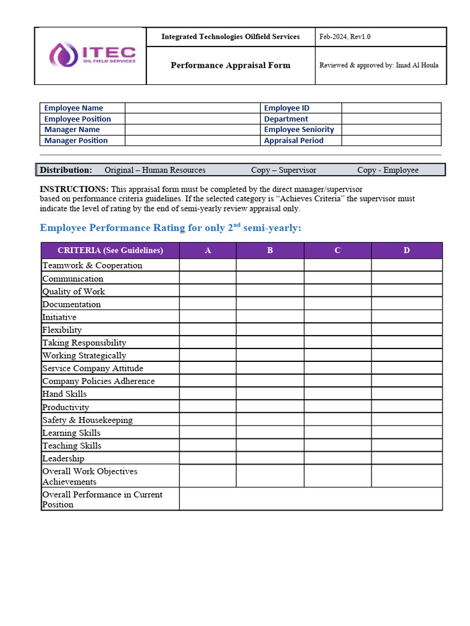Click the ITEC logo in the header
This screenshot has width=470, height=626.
92,55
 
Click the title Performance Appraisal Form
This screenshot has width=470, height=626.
230,65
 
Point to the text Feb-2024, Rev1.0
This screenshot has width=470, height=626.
345,37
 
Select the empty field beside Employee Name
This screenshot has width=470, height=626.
192,108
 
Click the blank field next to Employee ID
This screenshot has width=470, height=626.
390,108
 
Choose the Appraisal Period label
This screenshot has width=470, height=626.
294,141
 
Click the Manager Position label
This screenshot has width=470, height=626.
76,141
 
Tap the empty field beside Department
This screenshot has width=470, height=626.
390,119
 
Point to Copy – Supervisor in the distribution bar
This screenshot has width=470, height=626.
283,170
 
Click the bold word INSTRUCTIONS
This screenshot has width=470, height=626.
74,190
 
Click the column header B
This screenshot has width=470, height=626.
270,251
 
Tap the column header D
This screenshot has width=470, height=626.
406,251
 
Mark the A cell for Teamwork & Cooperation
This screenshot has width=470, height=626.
207,265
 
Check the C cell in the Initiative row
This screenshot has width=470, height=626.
337,317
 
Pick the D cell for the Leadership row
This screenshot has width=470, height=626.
406,458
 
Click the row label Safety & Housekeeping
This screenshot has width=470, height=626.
88,420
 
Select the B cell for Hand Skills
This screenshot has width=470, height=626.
270,394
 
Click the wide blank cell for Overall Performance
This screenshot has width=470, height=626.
310,499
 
